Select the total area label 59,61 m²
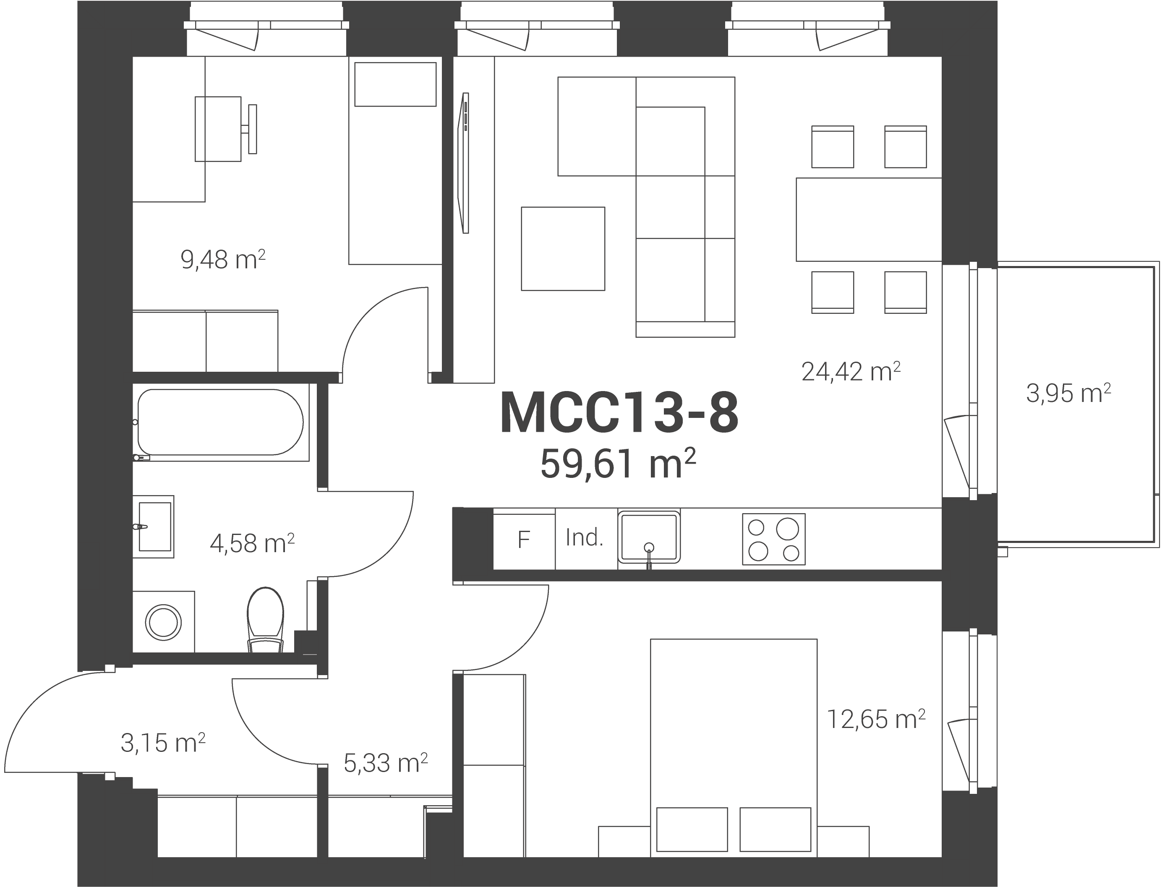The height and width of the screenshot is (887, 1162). (x=618, y=464)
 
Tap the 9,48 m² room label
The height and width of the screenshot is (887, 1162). (x=223, y=260)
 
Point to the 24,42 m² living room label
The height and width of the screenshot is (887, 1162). (x=851, y=372)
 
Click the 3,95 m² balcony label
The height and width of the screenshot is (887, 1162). (x=1068, y=393)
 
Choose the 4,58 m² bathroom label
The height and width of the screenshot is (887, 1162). (x=252, y=543)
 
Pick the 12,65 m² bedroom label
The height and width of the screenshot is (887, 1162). (x=876, y=719)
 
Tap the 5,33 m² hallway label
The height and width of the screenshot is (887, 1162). (x=385, y=763)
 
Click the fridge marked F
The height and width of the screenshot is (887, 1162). (x=524, y=539)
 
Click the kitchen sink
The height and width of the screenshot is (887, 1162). (x=649, y=536)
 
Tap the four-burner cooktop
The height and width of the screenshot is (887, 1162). (x=773, y=539)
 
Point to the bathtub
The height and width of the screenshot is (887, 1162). (x=221, y=423)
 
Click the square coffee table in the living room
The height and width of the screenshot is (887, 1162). (x=563, y=249)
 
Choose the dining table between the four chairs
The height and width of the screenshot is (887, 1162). (x=869, y=219)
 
